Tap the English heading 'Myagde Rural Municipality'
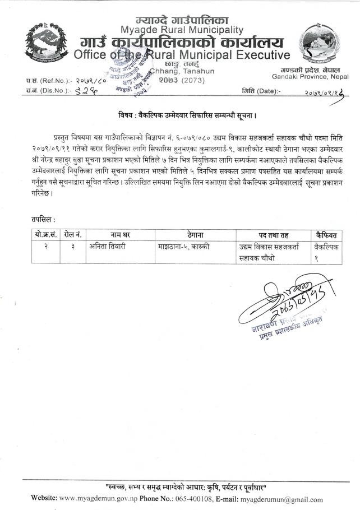click(182, 30)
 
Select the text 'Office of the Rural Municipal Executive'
click(182, 55)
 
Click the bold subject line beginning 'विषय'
click(181, 117)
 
